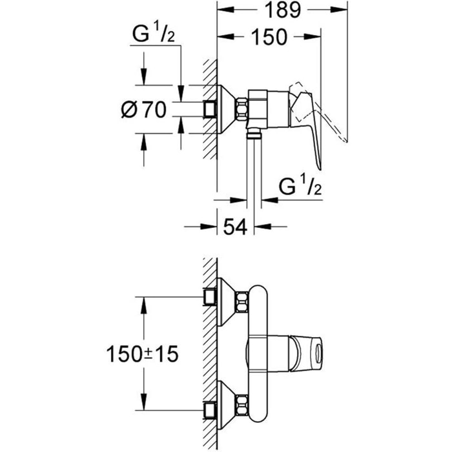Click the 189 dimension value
pos(283,10)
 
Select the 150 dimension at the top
pos(269,37)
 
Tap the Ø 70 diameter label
pos(144,110)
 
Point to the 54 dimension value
pos(235,227)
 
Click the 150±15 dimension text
pos(143,354)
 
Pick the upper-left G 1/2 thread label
pos(154,34)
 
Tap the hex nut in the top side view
pos(242,109)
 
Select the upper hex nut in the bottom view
pos(242,302)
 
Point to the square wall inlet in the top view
pos(210,109)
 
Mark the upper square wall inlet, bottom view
pos(210,297)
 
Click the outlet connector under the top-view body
pos(254,134)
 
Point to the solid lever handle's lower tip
pos(320,169)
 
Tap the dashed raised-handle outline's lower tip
pos(346,141)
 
